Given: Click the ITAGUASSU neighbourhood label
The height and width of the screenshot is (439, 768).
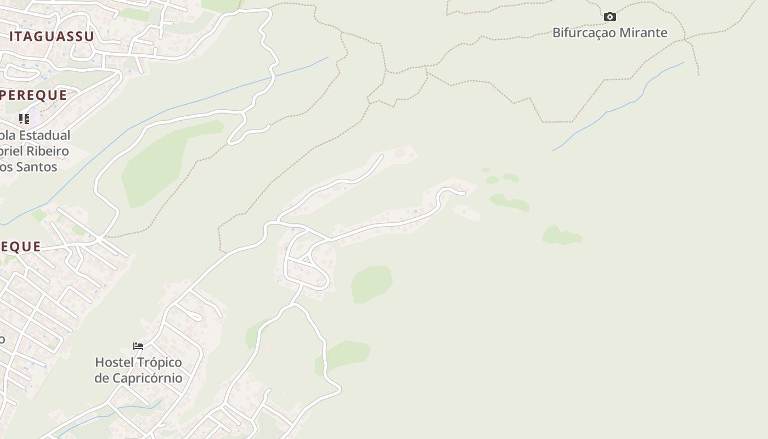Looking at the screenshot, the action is pos(52,37).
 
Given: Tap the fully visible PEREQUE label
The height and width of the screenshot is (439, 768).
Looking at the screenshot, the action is pos(34,95).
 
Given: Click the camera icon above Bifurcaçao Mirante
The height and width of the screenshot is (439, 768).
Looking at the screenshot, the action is pos(609,17).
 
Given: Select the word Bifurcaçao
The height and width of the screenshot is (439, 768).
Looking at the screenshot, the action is pos(581,33).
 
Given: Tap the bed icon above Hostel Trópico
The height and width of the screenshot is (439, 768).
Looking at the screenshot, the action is pos(138,346).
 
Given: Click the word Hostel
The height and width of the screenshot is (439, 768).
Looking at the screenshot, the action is pos(114,363).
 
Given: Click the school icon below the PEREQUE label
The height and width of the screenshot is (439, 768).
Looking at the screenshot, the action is pos(24,119).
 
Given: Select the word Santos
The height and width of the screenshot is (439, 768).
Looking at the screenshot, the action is pos(36,167).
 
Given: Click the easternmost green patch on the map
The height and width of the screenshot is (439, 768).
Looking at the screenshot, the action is pos(561,236).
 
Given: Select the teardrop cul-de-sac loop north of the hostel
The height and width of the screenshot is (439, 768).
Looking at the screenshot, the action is pos(195,316).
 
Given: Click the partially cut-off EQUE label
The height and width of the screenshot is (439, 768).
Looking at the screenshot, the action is pos(21,247).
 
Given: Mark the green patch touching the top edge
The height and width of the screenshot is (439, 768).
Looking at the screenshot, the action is pos(221,5).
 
